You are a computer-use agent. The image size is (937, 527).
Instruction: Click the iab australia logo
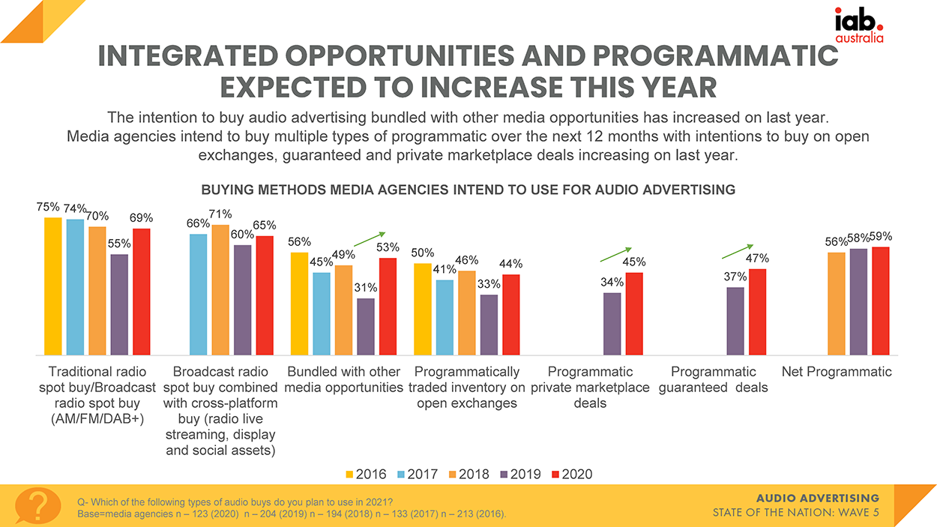point(859,25)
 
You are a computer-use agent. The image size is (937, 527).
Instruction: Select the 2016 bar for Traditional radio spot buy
point(53,286)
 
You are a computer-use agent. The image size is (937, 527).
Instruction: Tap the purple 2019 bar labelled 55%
point(119,304)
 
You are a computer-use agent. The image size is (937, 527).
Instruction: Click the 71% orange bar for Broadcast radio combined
point(220,289)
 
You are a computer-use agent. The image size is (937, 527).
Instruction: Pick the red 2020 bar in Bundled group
point(388,306)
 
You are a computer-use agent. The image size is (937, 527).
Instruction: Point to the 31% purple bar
point(366,326)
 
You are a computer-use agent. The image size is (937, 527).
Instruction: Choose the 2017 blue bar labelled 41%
point(445,317)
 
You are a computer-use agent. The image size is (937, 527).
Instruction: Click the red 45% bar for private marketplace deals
point(634,313)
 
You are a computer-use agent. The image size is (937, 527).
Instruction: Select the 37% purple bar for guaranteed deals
point(735,321)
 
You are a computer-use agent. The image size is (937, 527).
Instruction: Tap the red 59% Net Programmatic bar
point(881,301)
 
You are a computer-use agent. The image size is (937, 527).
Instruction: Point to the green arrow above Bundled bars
point(370,238)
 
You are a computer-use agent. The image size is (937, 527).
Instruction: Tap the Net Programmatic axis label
point(837,372)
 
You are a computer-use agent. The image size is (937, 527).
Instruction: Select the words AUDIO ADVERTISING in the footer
point(818,499)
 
